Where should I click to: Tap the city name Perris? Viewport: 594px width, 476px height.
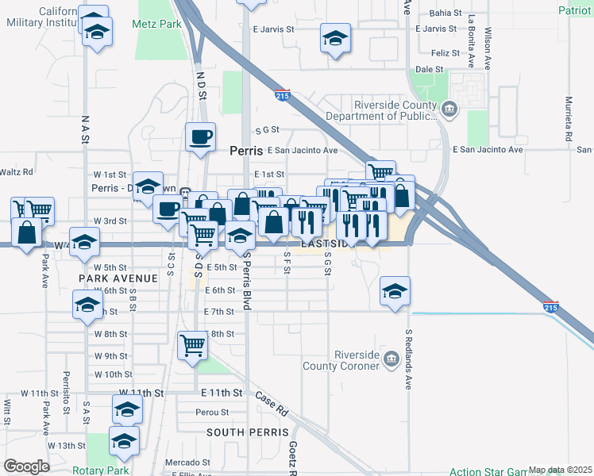pos(245,150)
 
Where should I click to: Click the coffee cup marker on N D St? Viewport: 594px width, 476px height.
pos(199,137)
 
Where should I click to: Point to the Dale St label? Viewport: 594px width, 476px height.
pos(429,69)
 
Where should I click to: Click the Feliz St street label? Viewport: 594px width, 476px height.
pos(444,52)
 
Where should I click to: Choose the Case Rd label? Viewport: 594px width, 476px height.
pos(272,402)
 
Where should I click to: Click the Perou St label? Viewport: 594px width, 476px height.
pos(212,413)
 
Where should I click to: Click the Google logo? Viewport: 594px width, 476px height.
pos(26,466)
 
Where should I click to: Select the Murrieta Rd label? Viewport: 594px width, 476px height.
pos(569,120)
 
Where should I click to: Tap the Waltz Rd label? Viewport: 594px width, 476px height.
pos(16,171)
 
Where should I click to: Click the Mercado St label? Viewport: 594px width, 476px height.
pos(187,462)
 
